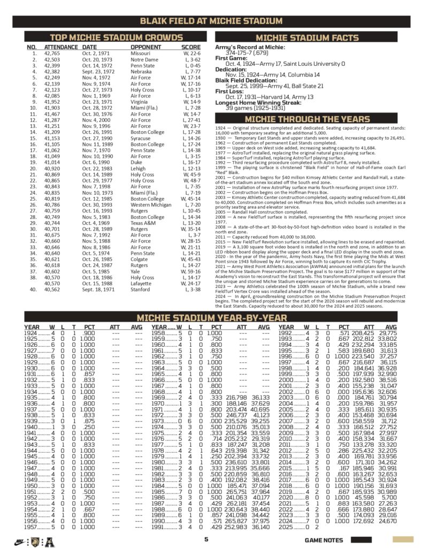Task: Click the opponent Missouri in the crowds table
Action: tap(141, 54)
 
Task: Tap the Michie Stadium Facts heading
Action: tap(307, 38)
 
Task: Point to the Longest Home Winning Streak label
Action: tap(259, 102)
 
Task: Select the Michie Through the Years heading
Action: tap(306, 119)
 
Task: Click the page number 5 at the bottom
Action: tap(206, 539)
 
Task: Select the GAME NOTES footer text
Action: tap(324, 540)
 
